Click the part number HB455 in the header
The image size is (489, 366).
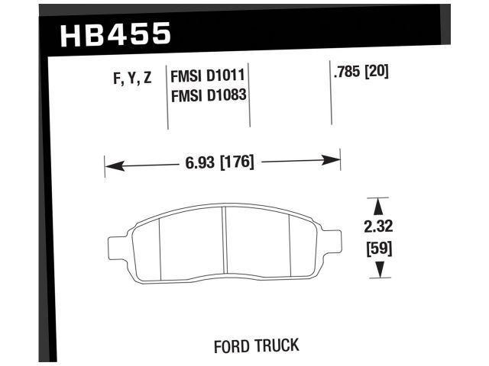click(x=114, y=34)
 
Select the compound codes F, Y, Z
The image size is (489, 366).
click(x=128, y=77)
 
